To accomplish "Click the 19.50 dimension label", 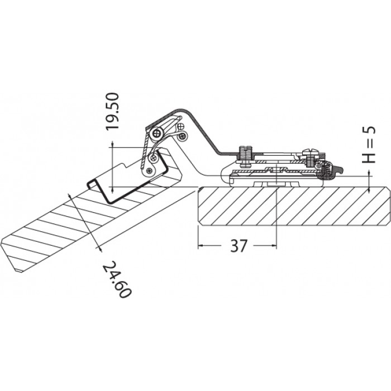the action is tap(113, 111).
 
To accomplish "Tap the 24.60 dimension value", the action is tap(117, 279).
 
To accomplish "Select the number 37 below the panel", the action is tap(239, 246).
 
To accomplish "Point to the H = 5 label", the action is tap(369, 145).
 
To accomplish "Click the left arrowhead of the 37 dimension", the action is tap(200, 246).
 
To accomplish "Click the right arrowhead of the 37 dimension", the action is tap(274, 246).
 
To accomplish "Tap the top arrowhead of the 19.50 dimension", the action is tap(113, 144).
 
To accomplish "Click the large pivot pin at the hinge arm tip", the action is tap(157, 134).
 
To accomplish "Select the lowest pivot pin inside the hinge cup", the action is tap(149, 171).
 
